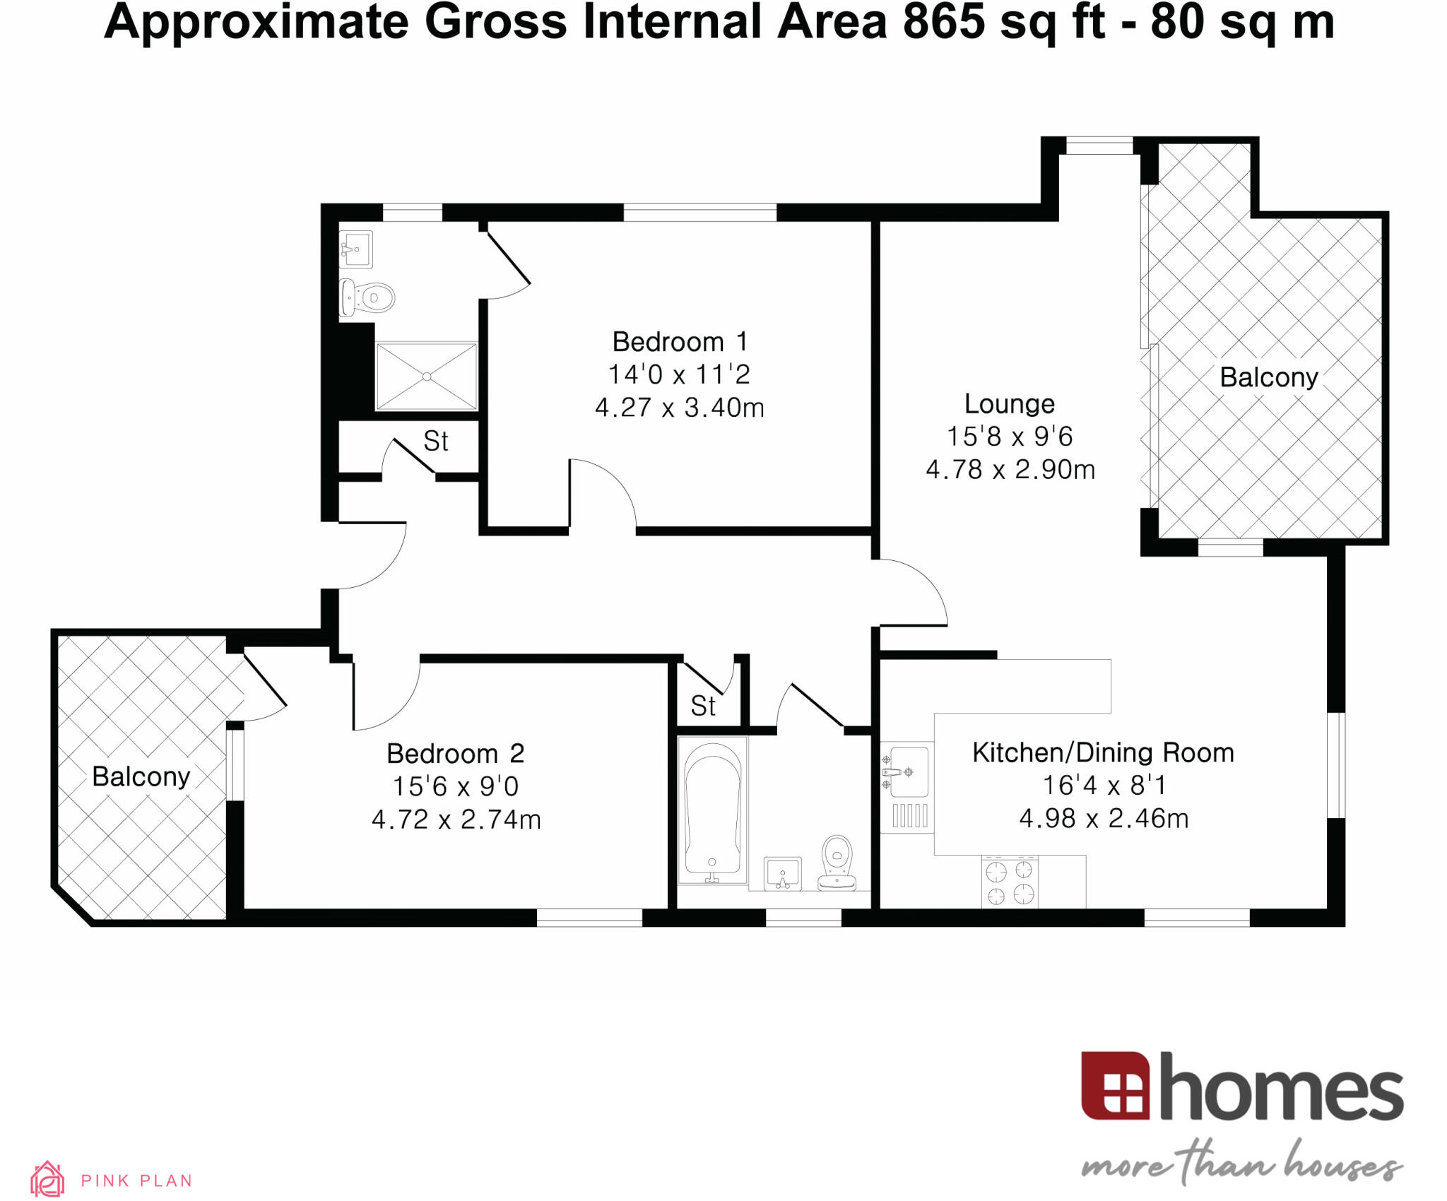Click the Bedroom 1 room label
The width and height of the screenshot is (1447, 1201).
pyautogui.click(x=679, y=342)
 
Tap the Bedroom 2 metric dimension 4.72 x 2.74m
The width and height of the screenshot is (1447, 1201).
pyautogui.click(x=456, y=820)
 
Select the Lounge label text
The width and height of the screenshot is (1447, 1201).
pyautogui.click(x=1009, y=404)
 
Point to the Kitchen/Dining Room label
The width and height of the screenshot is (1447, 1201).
pyautogui.click(x=1103, y=752)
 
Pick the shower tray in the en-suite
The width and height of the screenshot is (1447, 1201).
pyautogui.click(x=427, y=377)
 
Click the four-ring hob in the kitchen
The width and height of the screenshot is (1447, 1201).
pyautogui.click(x=1010, y=882)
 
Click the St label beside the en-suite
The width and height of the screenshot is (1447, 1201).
pyautogui.click(x=435, y=442)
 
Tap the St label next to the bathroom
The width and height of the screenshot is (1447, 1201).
pyautogui.click(x=702, y=706)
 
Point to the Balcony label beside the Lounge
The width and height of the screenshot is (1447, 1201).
pyautogui.click(x=1268, y=377)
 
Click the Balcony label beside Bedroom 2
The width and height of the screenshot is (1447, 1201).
pyautogui.click(x=141, y=776)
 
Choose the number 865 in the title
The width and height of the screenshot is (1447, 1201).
pyautogui.click(x=943, y=23)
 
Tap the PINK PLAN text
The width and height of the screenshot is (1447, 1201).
pyautogui.click(x=136, y=1181)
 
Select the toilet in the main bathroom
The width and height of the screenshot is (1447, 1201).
pyautogui.click(x=837, y=863)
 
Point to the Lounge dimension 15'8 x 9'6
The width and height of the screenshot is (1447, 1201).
pyautogui.click(x=1009, y=437)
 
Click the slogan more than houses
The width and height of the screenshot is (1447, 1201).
pyautogui.click(x=1241, y=1163)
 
